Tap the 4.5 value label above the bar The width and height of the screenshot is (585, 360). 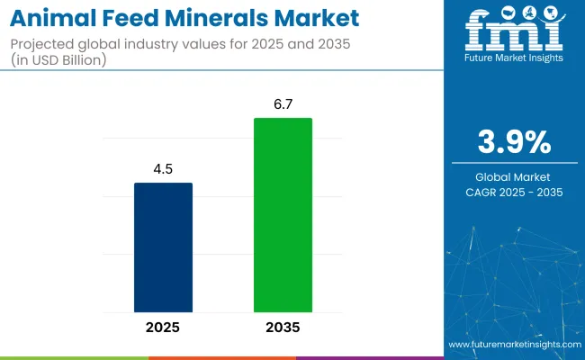163,169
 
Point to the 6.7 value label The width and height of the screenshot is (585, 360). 283,104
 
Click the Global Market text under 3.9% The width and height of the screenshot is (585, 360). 513,176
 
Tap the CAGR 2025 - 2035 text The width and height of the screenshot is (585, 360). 513,192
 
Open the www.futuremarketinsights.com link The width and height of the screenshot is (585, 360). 512,346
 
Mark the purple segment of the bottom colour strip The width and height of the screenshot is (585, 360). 369,357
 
